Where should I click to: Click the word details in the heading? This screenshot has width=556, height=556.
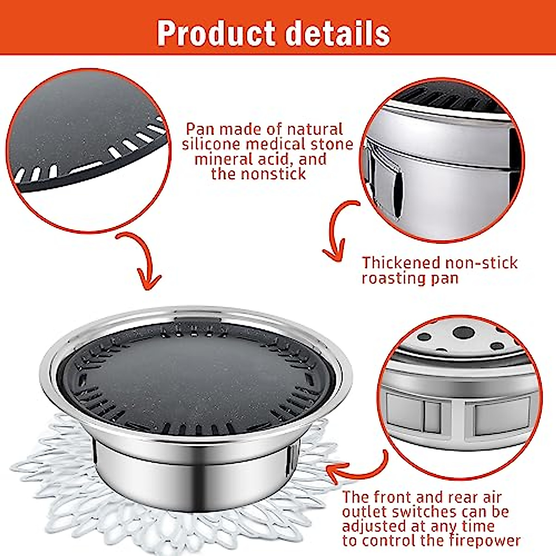click(x=337, y=33)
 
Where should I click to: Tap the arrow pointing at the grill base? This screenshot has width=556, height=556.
click(x=357, y=468)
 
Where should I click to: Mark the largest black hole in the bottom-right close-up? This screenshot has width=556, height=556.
click(x=463, y=332)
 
